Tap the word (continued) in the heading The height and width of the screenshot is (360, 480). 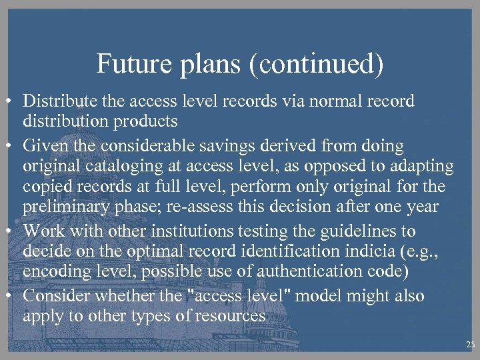[x=323, y=65]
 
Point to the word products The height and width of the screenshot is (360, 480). [x=145, y=121]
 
